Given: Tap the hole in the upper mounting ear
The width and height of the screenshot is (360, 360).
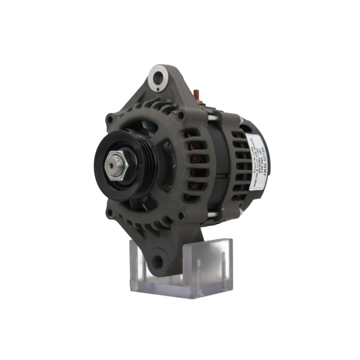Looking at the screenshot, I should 158,77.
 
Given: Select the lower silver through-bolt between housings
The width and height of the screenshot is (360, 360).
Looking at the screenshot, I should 212,215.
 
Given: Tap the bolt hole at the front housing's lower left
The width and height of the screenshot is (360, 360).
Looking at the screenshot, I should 109,212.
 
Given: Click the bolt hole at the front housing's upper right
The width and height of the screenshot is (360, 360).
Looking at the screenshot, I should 180,115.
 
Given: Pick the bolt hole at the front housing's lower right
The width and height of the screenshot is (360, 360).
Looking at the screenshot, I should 181,216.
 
